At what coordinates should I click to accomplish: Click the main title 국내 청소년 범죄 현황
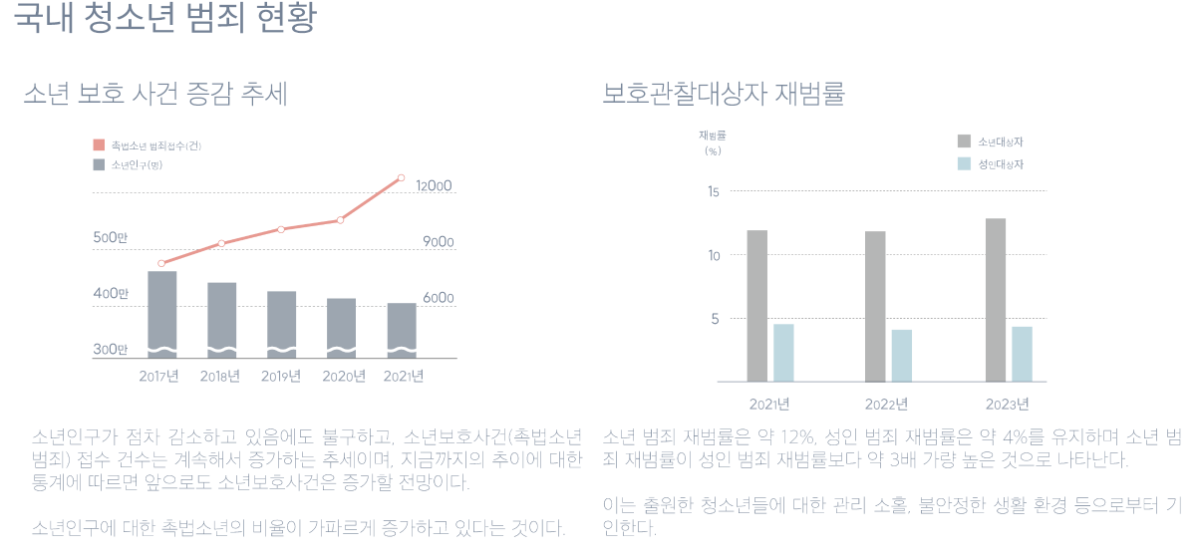point(165,21)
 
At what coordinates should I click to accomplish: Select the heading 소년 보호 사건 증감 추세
point(155,95)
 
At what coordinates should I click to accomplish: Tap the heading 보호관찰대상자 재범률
point(724,95)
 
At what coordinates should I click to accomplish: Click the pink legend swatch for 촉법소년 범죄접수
point(99,145)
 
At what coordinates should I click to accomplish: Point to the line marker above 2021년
point(401,178)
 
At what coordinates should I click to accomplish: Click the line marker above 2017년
point(161,263)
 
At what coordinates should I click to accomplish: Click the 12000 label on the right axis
point(435,186)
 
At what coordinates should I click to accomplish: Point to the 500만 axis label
point(111,238)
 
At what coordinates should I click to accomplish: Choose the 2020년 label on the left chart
point(342,377)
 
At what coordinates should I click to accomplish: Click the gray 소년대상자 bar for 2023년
point(996,299)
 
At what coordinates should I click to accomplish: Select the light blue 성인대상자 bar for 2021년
point(783,353)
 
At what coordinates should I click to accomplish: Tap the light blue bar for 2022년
point(902,356)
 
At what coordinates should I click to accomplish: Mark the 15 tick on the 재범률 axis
point(713,191)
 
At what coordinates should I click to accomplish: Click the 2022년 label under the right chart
point(886,405)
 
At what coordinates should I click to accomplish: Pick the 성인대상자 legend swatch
point(964,164)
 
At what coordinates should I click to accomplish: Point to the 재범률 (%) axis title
point(713,142)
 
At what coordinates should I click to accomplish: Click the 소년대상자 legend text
point(1001,141)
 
